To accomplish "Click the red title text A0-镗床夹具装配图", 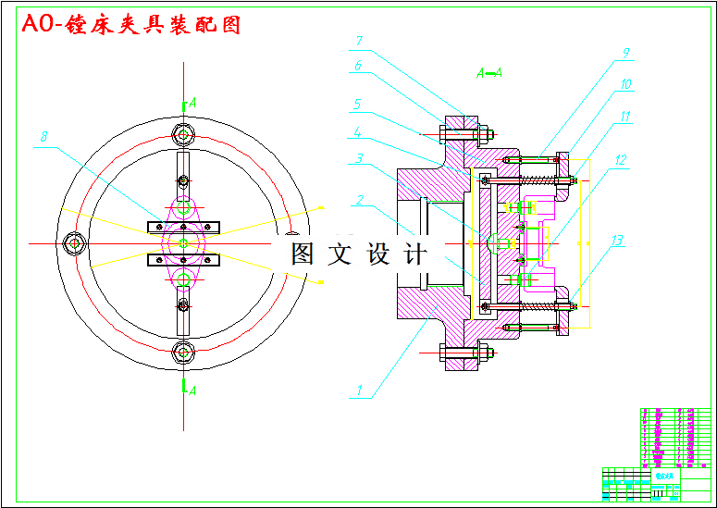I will [131, 25].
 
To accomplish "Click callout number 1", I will [359, 390].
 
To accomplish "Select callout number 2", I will [360, 199].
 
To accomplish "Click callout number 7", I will [43, 137].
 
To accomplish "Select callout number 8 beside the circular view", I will [626, 54].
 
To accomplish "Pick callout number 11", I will [621, 160].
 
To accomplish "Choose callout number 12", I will [616, 242].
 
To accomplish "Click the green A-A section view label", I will [489, 72].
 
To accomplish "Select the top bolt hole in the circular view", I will [183, 135].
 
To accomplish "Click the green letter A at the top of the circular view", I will [192, 102].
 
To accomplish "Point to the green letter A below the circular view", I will [192, 390].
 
